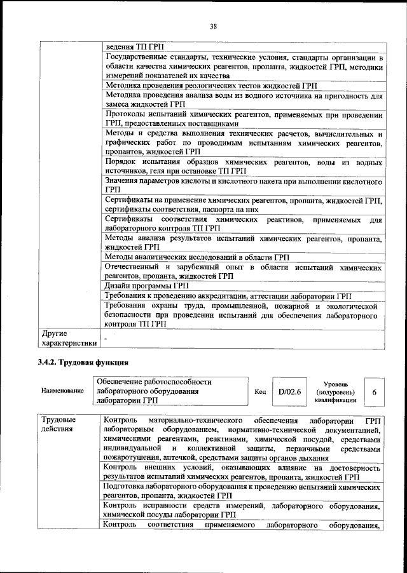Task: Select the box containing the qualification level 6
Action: tap(375, 391)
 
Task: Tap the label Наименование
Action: tap(62, 391)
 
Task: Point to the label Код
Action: tap(260, 391)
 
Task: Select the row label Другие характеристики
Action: tap(69, 338)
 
